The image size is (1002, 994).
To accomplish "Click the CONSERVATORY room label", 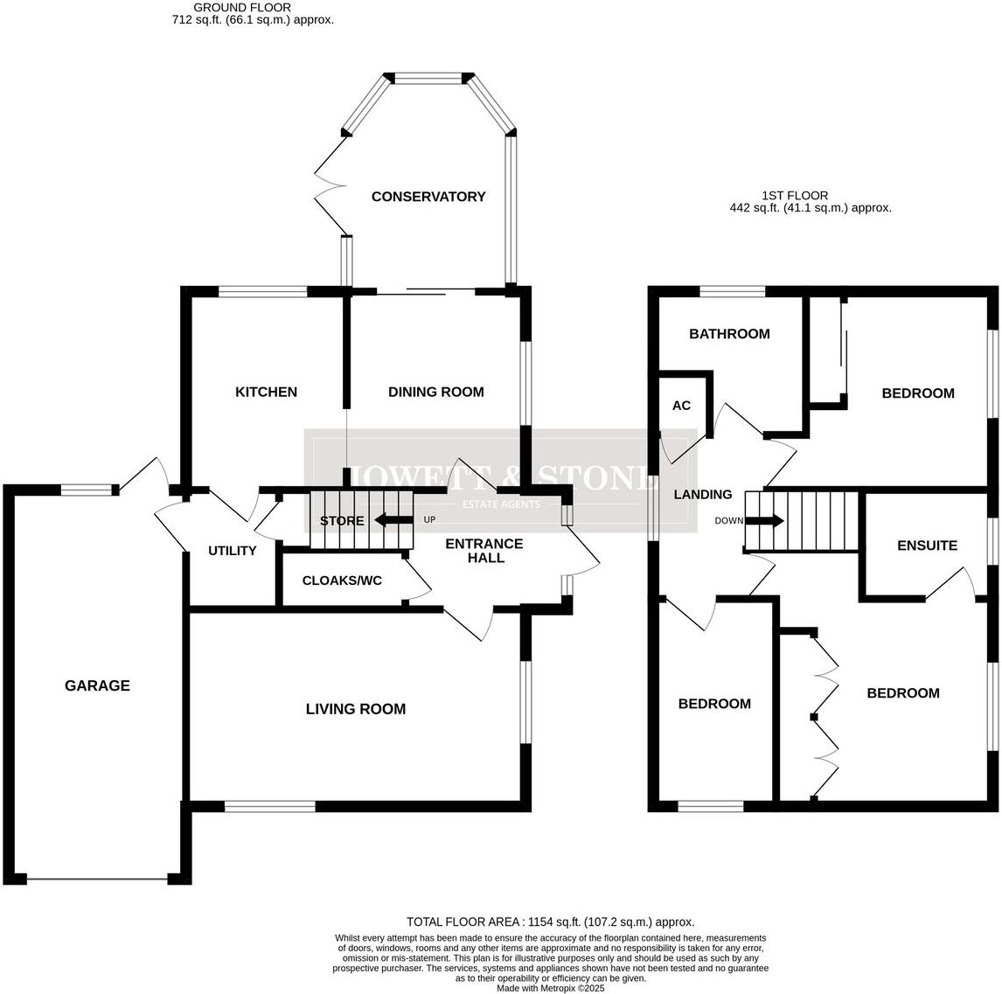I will coord(428,197).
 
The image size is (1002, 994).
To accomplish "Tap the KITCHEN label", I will coord(266,392).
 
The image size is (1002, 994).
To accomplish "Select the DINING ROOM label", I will coord(435,392).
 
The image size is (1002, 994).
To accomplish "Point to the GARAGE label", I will coord(97,686).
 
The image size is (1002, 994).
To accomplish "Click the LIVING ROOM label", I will coord(355,709).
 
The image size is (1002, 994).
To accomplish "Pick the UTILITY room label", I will coord(232,551).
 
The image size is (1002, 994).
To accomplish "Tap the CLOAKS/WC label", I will coord(342,580).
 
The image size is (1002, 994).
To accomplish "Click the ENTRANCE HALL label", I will coord(484,551).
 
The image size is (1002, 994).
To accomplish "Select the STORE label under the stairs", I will coord(341,521).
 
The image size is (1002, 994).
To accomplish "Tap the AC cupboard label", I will coord(681,406).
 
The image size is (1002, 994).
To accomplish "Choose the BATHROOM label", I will coord(729,334).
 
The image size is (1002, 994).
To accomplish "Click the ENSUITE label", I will coord(927,546).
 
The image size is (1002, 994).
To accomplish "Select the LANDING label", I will coord(702,495).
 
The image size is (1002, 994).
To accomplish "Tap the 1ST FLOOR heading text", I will coord(794,196).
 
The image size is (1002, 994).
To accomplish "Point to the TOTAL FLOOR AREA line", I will coord(550,921).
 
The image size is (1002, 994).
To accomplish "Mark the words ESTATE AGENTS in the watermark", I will coord(500,504).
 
